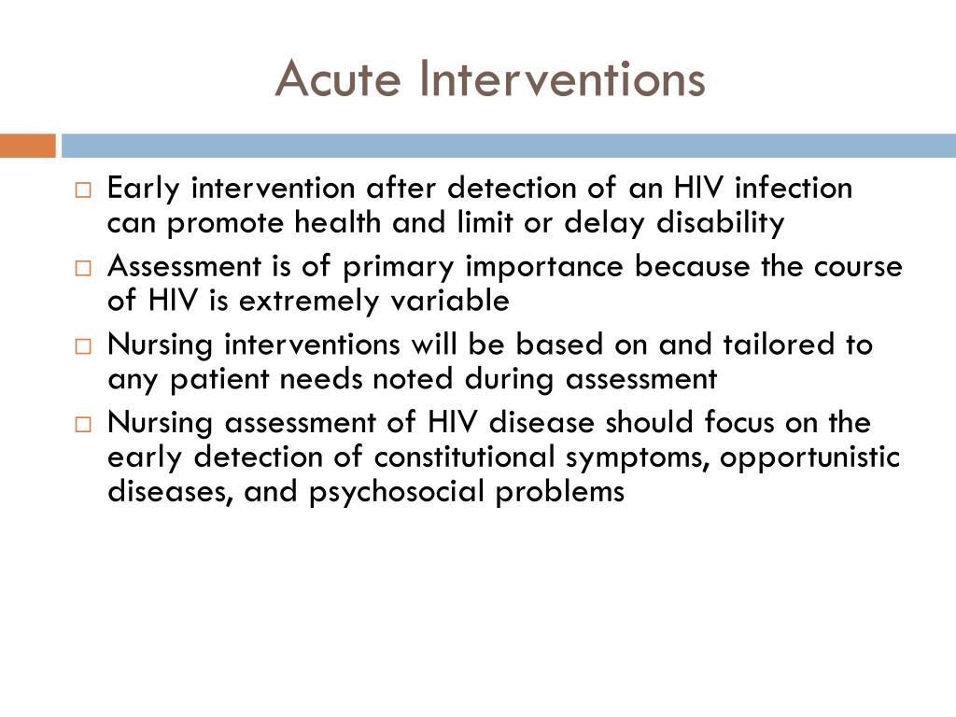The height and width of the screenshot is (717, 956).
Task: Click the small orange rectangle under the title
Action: (27, 146)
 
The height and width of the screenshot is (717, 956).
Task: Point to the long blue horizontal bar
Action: (509, 146)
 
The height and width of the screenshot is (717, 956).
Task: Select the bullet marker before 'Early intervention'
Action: (83, 190)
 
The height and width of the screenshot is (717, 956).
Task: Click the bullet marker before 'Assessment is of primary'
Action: (83, 269)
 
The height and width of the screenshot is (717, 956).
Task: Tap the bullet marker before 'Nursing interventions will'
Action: (83, 347)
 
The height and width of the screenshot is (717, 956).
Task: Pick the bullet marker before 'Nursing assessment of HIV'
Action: (83, 426)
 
